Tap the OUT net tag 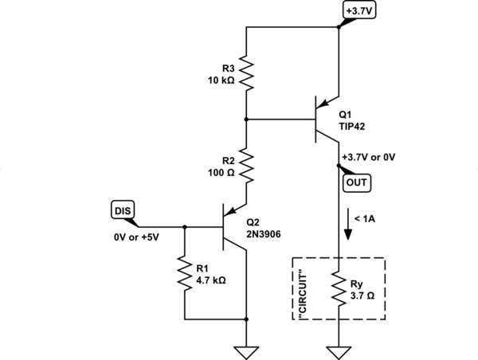[x=355, y=183]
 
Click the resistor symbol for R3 [x=247, y=73]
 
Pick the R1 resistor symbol [x=185, y=272]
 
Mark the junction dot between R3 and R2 [x=247, y=119]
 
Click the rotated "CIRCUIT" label [x=303, y=289]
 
